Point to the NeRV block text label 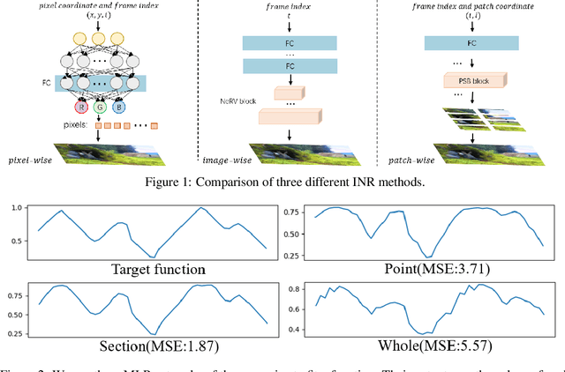[x=237, y=101]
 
